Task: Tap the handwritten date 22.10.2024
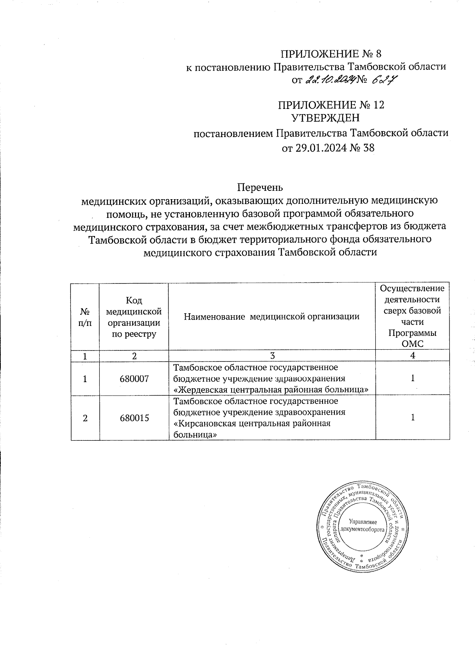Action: [x=330, y=80]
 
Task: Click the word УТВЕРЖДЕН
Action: [x=325, y=118]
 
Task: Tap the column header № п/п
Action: [x=85, y=317]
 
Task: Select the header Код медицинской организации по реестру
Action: [x=134, y=317]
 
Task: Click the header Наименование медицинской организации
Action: [x=272, y=316]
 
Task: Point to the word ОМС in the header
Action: [x=412, y=344]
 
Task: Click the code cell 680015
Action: [x=134, y=418]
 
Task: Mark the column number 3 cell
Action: [x=272, y=356]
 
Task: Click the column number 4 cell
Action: [x=412, y=356]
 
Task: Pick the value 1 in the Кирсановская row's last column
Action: [x=412, y=417]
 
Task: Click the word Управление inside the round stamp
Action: [x=363, y=522]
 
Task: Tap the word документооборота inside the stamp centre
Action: [x=363, y=529]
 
